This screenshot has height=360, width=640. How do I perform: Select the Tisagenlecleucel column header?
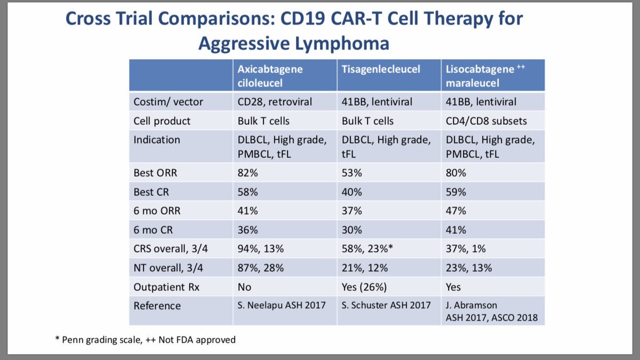[380, 69]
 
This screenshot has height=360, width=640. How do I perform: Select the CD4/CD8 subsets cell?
[487, 121]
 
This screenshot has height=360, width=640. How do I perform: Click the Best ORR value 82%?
[247, 173]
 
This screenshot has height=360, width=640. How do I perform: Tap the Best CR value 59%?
[457, 191]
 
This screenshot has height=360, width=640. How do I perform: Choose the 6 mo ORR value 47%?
[457, 211]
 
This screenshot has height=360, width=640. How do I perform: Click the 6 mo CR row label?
[155, 230]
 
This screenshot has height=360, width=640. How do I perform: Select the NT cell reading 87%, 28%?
[260, 268]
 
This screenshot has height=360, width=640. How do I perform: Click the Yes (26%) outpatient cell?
[365, 287]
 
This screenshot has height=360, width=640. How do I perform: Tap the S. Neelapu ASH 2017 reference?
[281, 306]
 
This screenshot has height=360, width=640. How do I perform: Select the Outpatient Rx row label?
[166, 287]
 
